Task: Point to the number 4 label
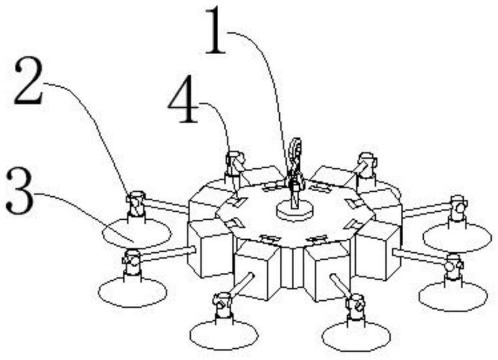183,104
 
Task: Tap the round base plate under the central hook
295,211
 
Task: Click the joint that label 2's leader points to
135,204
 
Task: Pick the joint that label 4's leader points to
235,163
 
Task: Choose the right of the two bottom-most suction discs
357,336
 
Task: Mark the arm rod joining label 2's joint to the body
166,204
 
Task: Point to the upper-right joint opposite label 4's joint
366,163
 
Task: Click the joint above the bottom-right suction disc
356,306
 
